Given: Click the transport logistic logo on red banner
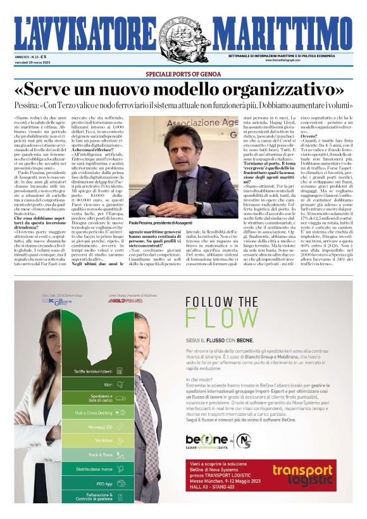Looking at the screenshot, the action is click(302, 475).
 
